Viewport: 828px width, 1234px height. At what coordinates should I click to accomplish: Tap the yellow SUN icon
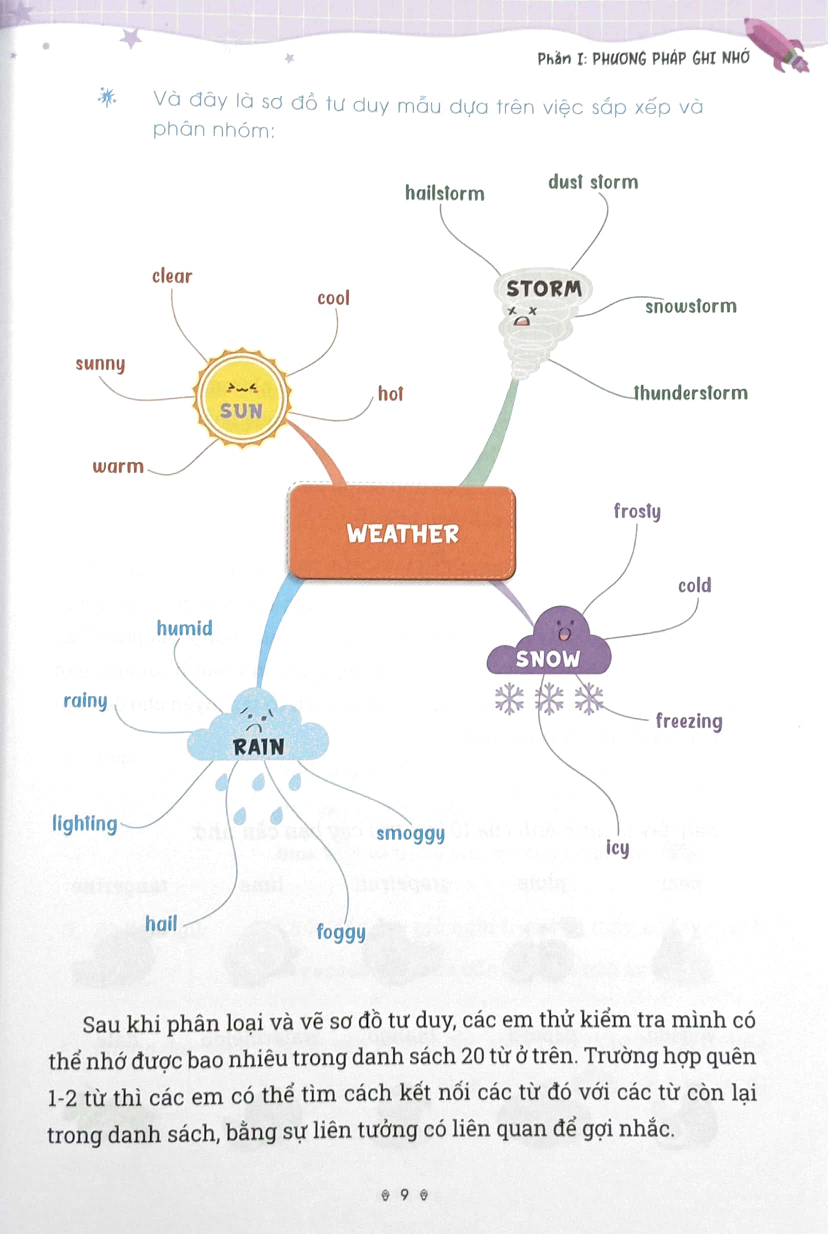(x=242, y=398)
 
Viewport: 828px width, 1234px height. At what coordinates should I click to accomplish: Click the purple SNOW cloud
(x=549, y=647)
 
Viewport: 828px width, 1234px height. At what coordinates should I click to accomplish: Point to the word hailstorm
(x=444, y=193)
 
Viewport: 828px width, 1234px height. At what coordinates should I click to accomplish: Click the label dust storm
(x=593, y=182)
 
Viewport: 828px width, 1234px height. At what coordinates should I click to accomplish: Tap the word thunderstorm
(x=690, y=393)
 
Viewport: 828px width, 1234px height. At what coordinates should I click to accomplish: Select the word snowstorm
(x=690, y=306)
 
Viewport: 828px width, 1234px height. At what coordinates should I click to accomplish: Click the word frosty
(x=637, y=511)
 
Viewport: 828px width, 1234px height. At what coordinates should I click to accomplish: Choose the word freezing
(x=688, y=721)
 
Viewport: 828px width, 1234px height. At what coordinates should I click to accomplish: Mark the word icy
(x=617, y=847)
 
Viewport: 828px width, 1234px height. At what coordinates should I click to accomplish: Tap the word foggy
(x=340, y=932)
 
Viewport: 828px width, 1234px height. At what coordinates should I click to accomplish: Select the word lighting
(x=84, y=823)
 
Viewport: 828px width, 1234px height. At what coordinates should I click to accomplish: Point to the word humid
(x=185, y=628)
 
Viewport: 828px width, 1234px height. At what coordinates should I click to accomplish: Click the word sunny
(x=100, y=364)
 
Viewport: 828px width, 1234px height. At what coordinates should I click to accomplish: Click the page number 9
(x=404, y=1194)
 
